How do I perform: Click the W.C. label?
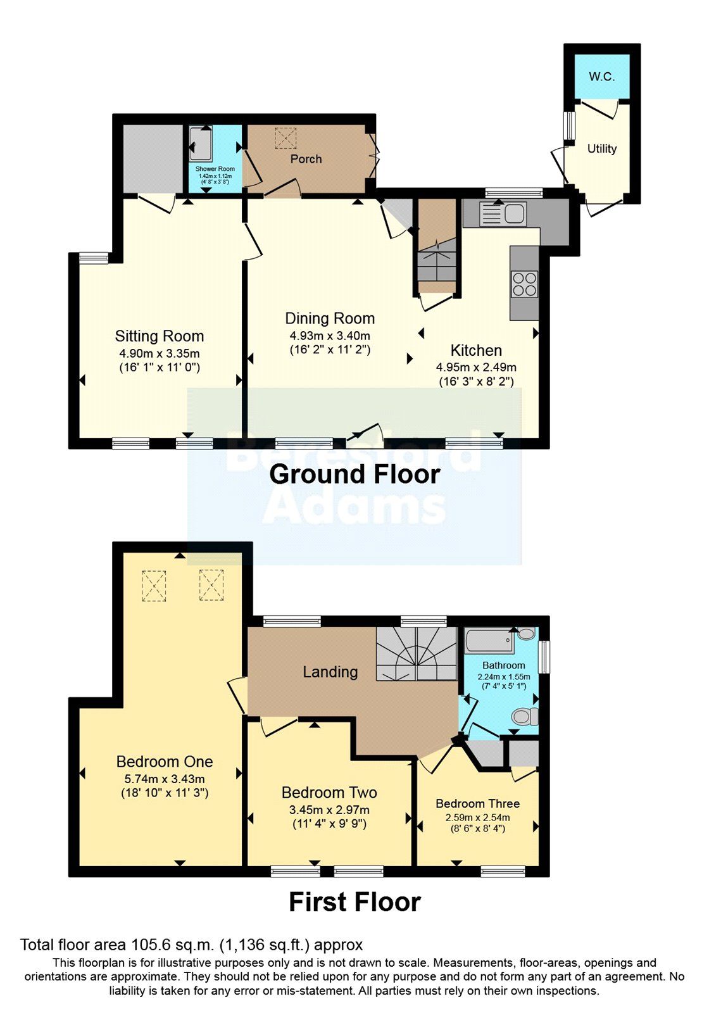(x=601, y=77)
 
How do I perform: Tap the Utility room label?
(x=601, y=149)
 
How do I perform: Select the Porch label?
(x=306, y=159)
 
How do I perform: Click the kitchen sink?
(x=503, y=213)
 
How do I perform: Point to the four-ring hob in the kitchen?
(x=524, y=283)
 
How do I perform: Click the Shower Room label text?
(x=215, y=169)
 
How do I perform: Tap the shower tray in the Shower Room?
(x=201, y=144)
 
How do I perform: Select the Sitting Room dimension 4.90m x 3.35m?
(x=159, y=353)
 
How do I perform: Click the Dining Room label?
(x=329, y=318)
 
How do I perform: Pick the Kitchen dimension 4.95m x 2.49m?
(x=476, y=367)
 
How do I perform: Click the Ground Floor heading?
(x=354, y=474)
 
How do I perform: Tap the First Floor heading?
(x=354, y=902)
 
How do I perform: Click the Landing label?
(x=330, y=672)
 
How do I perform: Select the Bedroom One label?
(x=164, y=762)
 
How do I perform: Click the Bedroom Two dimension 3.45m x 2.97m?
(x=329, y=810)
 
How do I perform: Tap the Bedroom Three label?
(x=477, y=803)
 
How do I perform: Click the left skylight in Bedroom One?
(x=154, y=585)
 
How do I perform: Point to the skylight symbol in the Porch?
(x=285, y=138)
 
